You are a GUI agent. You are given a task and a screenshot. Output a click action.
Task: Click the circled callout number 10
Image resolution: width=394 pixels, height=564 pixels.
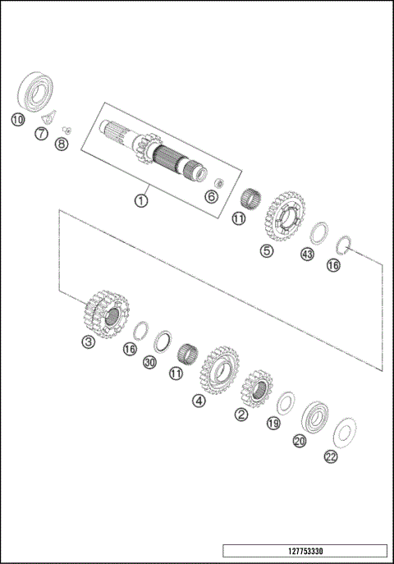(17, 119)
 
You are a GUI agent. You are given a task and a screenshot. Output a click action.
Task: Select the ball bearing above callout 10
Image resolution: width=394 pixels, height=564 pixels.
(36, 91)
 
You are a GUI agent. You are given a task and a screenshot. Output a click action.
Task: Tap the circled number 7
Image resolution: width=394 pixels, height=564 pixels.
(41, 132)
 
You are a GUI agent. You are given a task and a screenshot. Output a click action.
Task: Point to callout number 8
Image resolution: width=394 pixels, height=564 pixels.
(61, 144)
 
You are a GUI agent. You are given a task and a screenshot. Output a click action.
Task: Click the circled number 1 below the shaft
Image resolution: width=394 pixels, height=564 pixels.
(142, 199)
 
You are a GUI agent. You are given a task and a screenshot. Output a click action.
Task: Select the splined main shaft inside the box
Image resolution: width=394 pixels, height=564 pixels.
(156, 153)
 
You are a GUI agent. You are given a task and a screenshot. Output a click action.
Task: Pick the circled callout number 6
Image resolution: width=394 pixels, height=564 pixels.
(210, 195)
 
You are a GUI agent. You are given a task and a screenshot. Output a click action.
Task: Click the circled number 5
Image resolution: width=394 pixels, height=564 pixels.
(267, 251)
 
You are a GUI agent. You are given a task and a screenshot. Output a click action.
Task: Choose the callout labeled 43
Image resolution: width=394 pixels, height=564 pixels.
(308, 254)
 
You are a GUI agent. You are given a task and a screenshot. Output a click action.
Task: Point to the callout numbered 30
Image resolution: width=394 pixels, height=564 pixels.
(149, 361)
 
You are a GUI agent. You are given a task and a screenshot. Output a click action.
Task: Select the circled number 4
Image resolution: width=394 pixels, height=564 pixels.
(199, 401)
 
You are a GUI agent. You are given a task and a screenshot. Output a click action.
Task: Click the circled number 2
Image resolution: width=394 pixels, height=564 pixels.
(241, 415)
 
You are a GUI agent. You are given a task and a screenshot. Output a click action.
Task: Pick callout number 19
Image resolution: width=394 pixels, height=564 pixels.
(273, 424)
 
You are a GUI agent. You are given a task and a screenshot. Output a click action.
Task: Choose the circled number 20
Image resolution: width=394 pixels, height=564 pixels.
(300, 441)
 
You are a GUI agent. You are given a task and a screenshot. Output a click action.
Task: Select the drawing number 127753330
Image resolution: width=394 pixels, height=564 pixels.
(304, 551)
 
